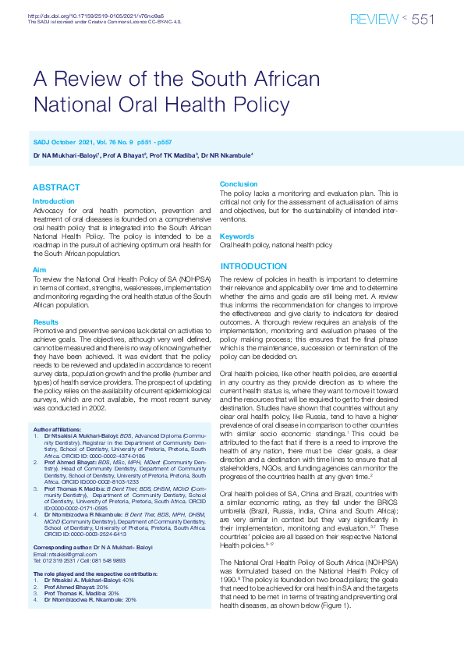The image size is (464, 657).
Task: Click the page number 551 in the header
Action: (x=423, y=20)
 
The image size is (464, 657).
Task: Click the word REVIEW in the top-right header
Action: (x=375, y=20)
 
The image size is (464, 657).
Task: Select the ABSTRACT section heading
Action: (x=56, y=187)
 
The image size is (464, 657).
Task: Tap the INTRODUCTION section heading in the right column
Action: (x=253, y=266)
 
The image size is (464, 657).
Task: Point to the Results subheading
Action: (x=45, y=322)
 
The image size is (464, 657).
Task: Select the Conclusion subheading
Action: (x=239, y=184)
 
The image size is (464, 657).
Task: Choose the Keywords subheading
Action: (x=237, y=236)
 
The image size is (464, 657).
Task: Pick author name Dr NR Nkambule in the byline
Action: (x=226, y=156)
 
